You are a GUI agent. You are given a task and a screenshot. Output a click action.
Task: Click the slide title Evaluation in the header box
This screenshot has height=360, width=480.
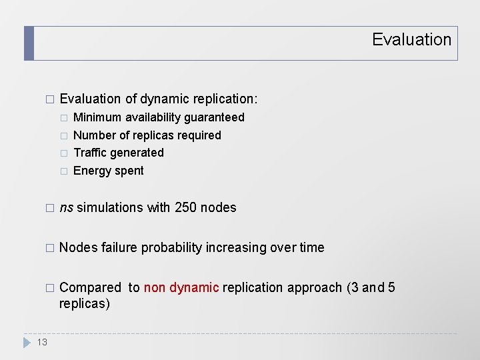[411, 40]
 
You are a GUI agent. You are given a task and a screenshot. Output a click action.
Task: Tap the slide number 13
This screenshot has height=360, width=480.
[42, 342]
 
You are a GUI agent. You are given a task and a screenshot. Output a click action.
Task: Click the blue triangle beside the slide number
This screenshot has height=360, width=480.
[27, 342]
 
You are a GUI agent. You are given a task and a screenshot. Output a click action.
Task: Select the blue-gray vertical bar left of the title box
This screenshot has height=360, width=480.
[29, 43]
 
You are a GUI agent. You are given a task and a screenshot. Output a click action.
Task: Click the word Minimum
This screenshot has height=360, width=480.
[97, 117]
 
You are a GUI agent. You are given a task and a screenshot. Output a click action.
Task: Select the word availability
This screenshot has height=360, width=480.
[153, 117]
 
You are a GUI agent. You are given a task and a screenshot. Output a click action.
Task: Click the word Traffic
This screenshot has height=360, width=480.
[91, 153]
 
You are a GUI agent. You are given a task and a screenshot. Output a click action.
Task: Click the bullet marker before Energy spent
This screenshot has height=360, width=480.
[63, 171]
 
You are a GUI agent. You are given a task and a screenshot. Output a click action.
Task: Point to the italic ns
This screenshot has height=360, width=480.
[67, 208]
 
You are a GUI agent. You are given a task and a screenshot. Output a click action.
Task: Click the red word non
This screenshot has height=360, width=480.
[155, 287]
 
